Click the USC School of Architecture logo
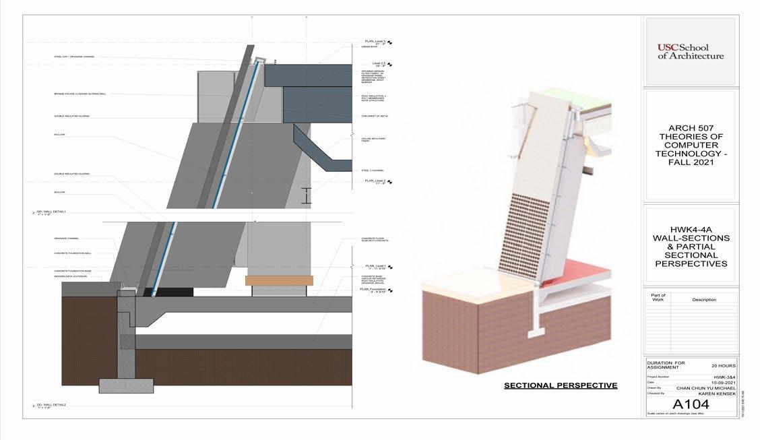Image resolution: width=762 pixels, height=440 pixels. tap(690, 51)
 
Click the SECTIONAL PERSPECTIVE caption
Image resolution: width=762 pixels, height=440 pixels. tap(561, 385)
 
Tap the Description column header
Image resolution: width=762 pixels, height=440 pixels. tap(704, 299)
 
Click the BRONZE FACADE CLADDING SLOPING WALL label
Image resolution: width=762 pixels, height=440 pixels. tap(80, 94)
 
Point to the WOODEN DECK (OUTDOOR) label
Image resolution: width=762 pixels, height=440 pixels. tap(69, 276)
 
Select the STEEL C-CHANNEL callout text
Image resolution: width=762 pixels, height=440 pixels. tap(374, 170)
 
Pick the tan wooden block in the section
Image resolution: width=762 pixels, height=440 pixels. tap(279, 280)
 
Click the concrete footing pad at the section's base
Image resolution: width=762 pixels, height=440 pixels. tap(126, 385)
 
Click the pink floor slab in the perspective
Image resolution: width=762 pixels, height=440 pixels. tap(579, 274)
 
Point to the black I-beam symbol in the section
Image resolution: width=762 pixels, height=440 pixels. tap(307, 195)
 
